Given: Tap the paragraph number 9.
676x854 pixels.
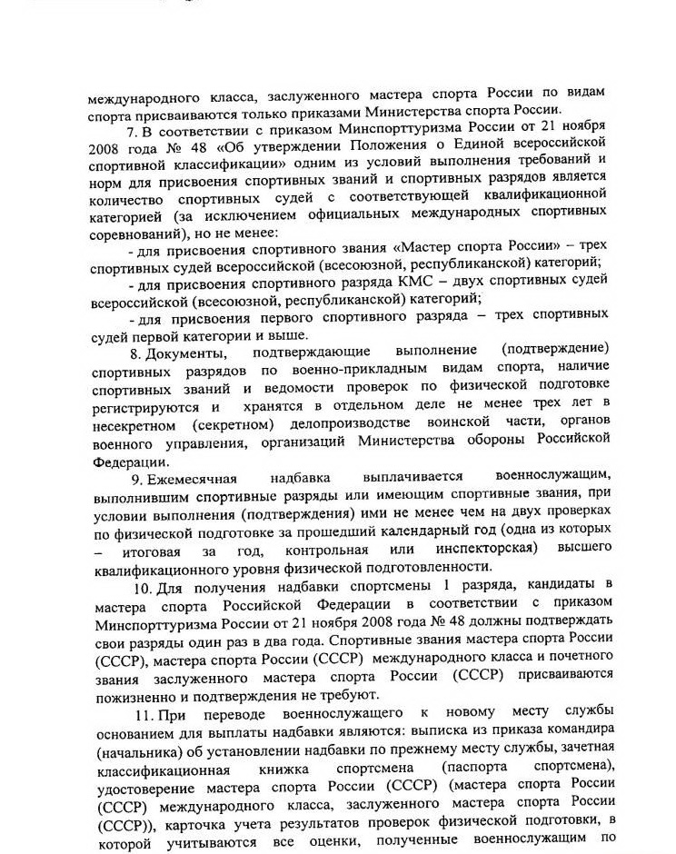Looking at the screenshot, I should pos(134,477).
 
